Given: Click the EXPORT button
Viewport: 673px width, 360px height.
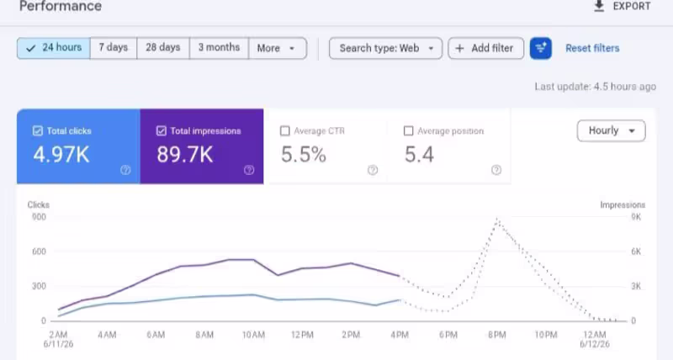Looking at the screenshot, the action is coord(623,7).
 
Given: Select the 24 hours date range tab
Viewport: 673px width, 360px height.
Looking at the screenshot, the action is coord(54,48).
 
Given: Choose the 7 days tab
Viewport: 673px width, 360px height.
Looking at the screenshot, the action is coord(114,48).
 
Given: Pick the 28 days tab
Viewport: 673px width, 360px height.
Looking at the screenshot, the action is coord(163,48).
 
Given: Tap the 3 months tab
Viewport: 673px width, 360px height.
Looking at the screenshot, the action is coord(219,48).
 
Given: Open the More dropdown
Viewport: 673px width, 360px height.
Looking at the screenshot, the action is coord(278,48).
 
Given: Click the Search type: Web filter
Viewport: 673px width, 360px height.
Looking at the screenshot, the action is coord(385,48).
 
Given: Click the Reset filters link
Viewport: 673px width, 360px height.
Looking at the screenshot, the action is coord(592,48).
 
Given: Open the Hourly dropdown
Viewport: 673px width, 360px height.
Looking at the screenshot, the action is coord(612,130).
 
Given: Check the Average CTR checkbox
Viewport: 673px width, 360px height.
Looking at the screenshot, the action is coord(284,131).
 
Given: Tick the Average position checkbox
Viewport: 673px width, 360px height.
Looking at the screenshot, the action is coord(409,131).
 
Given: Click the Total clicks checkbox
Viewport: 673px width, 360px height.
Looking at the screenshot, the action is coord(38,131).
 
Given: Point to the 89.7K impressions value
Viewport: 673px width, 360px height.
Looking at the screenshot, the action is coord(184,155).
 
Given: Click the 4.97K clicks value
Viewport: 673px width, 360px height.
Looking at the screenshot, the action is coord(61,155).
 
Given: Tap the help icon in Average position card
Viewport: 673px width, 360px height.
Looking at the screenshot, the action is coord(496,170).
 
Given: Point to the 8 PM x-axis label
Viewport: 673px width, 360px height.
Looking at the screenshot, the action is coord(497,335).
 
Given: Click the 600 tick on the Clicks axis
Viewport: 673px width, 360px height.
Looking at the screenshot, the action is coord(39,251).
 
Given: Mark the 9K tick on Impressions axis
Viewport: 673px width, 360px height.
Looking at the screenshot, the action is coord(636,217).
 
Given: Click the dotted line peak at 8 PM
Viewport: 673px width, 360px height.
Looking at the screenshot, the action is coord(497,219).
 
